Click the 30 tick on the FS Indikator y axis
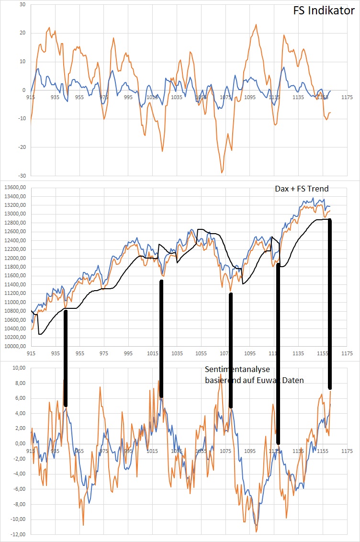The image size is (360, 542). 22,5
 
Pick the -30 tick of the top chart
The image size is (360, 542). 21,175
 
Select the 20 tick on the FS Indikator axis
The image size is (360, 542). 22,33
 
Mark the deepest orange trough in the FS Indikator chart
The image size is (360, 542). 222,172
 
